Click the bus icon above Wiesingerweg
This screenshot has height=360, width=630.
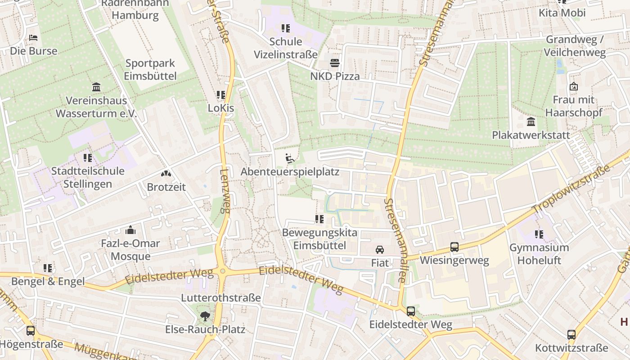(x=454, y=247)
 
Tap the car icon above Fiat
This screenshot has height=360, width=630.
(x=380, y=250)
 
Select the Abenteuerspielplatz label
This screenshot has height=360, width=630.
(x=290, y=172)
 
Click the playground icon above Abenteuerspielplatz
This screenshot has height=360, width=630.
(x=290, y=158)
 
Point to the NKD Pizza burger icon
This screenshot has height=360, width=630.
(x=335, y=63)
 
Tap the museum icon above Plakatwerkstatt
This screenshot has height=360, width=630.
(x=531, y=121)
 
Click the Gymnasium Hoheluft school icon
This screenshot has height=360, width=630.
(x=539, y=234)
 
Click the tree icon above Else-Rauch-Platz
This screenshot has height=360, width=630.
(x=205, y=316)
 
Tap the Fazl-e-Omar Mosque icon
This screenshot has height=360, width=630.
(x=130, y=230)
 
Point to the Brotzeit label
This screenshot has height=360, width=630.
(x=166, y=187)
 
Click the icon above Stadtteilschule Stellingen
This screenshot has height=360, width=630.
(x=87, y=157)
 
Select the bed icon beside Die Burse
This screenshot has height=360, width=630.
(x=33, y=38)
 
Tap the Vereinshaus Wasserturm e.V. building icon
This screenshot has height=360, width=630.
(x=96, y=87)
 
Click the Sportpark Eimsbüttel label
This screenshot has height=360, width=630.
(x=150, y=70)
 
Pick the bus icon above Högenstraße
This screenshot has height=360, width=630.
(x=31, y=331)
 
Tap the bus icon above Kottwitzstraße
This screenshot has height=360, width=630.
(x=571, y=335)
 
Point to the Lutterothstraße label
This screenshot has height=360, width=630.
(x=221, y=297)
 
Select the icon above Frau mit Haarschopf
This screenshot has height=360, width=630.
(x=573, y=86)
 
